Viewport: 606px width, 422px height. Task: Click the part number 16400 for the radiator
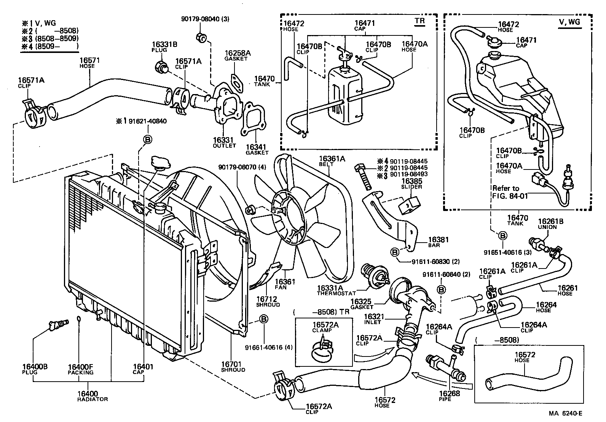point(87,394)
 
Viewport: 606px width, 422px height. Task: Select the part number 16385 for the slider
point(411,181)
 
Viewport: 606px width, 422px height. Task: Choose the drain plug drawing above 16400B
point(58,324)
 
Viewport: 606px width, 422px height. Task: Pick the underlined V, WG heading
point(569,22)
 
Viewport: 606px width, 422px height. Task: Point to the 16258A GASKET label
point(238,55)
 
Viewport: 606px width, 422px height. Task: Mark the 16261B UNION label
point(547,224)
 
